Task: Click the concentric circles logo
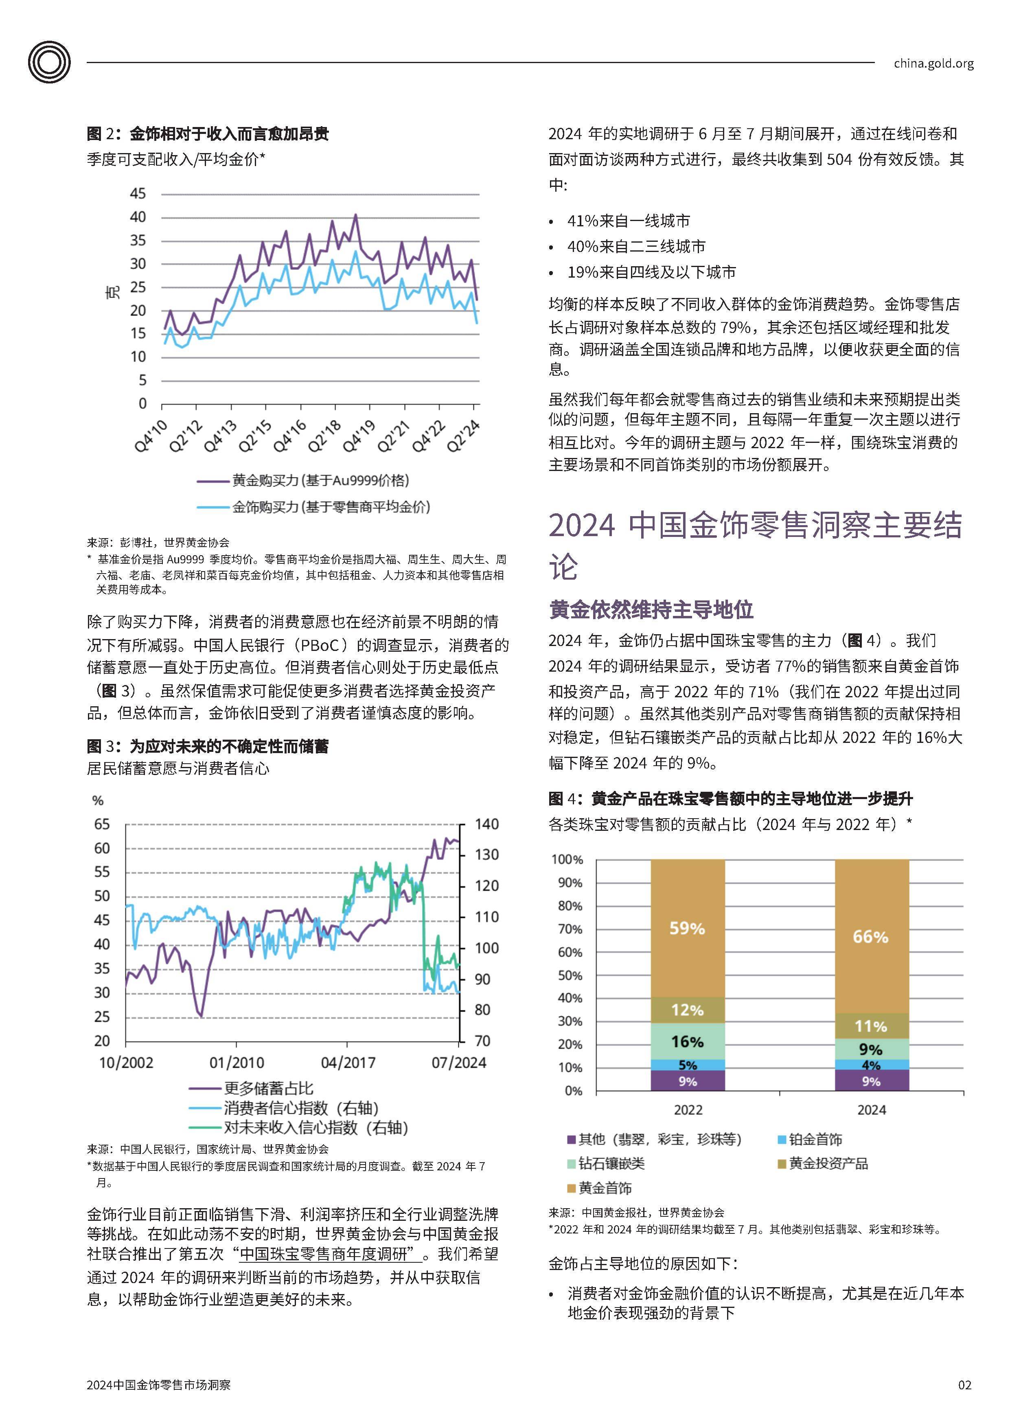point(49,62)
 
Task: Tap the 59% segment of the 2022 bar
point(687,928)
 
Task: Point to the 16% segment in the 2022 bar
point(687,1041)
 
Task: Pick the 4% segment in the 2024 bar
point(871,1065)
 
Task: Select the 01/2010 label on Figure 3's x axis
point(237,1062)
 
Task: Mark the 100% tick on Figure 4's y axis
point(567,860)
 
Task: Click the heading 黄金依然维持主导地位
point(651,609)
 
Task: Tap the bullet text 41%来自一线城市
point(628,221)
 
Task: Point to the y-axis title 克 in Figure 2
point(112,292)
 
